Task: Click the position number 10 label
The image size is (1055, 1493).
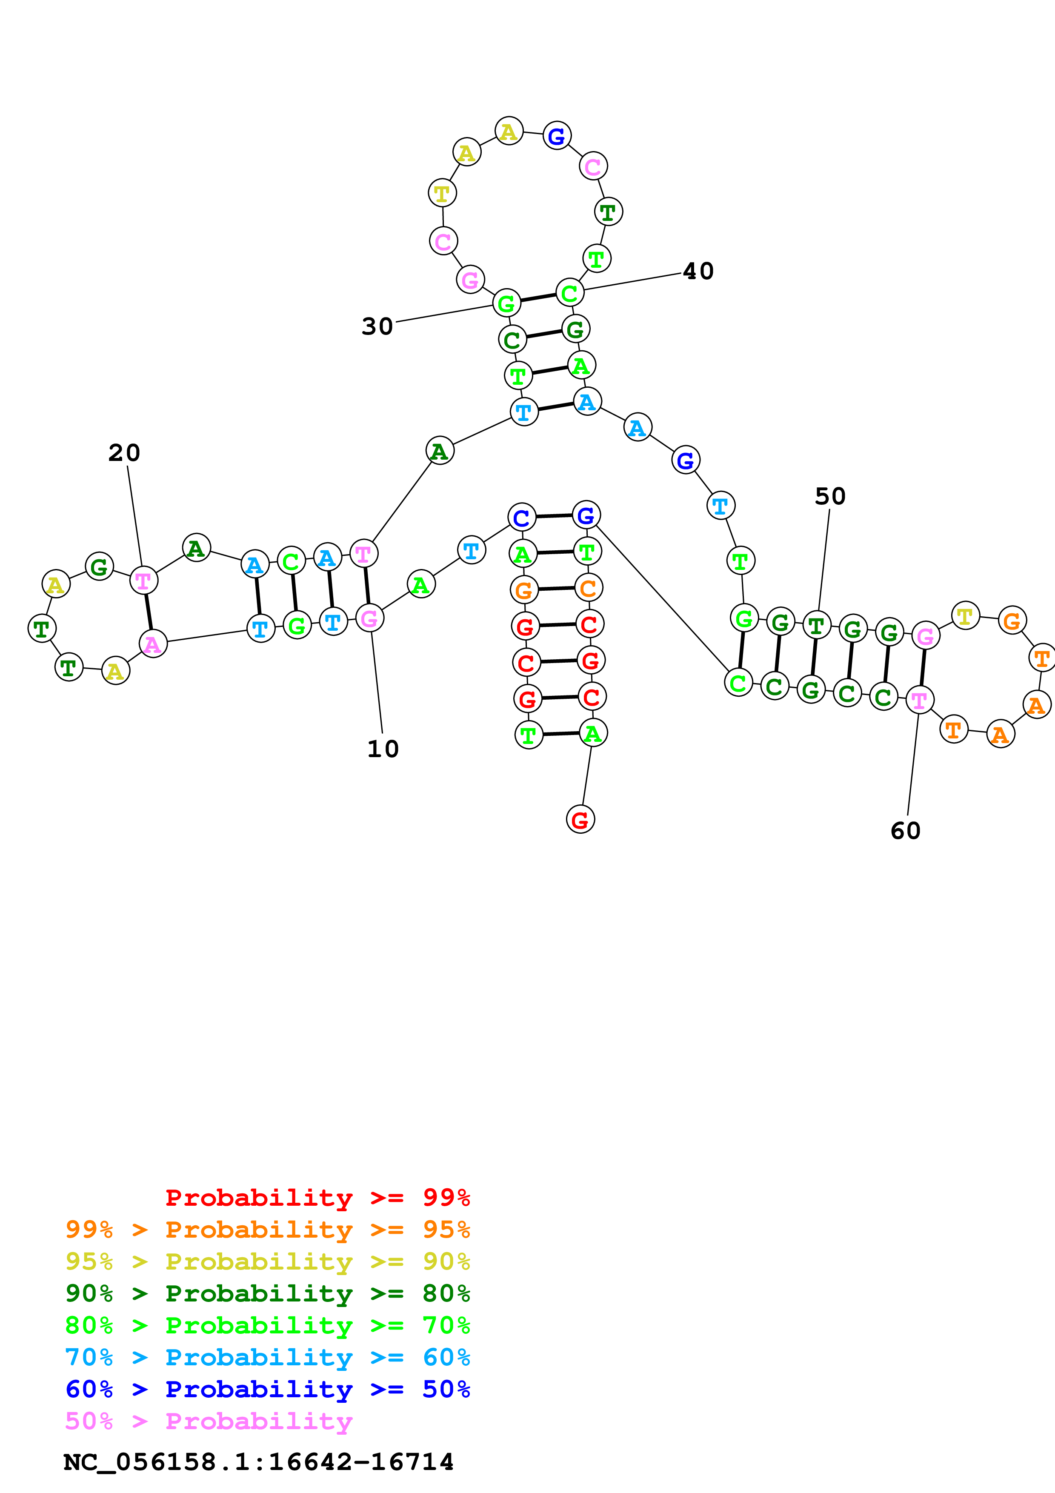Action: coord(383,749)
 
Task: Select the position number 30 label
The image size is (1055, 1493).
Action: coord(377,326)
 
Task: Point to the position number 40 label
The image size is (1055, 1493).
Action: coord(698,271)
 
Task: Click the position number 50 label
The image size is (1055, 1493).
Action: coord(830,496)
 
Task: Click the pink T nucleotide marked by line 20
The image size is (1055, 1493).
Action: coord(143,580)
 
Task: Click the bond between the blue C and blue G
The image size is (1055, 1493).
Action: coord(554,516)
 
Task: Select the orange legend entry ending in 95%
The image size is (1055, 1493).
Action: coord(267,1229)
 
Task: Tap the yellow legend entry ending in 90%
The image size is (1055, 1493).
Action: coord(267,1261)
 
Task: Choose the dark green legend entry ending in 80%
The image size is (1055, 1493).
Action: coord(267,1293)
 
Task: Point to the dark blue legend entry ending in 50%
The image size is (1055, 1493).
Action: coord(267,1389)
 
